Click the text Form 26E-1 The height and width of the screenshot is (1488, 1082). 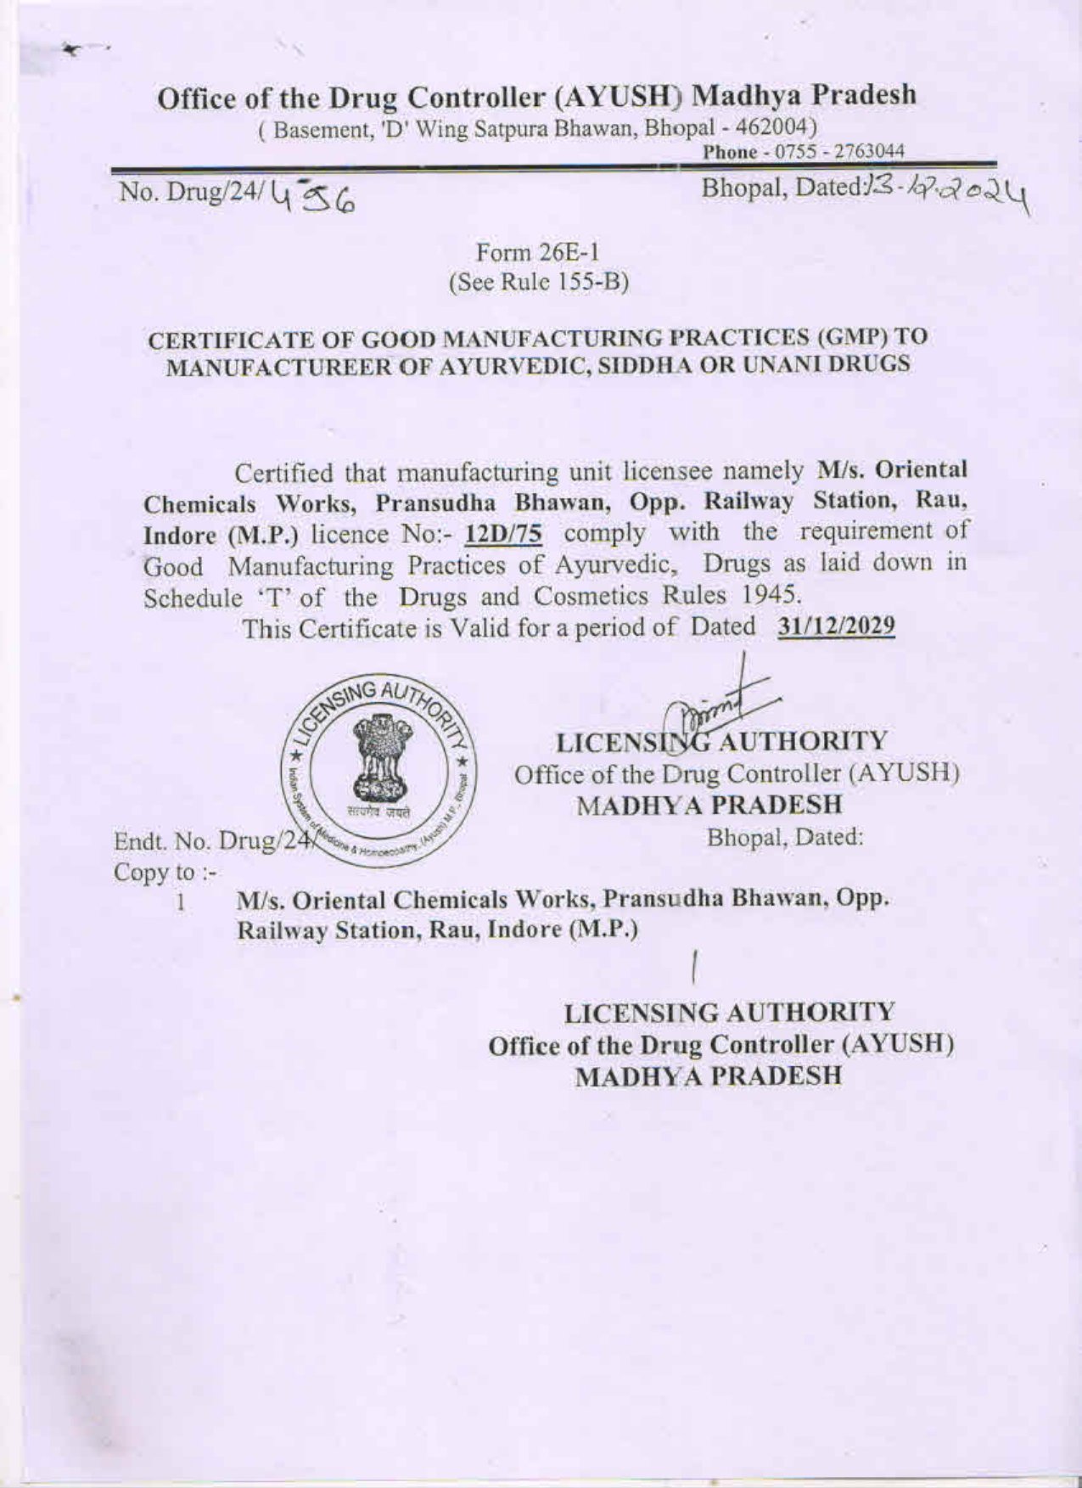539,253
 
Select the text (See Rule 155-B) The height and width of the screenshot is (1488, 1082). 539,283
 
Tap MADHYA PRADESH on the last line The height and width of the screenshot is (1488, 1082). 708,1075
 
